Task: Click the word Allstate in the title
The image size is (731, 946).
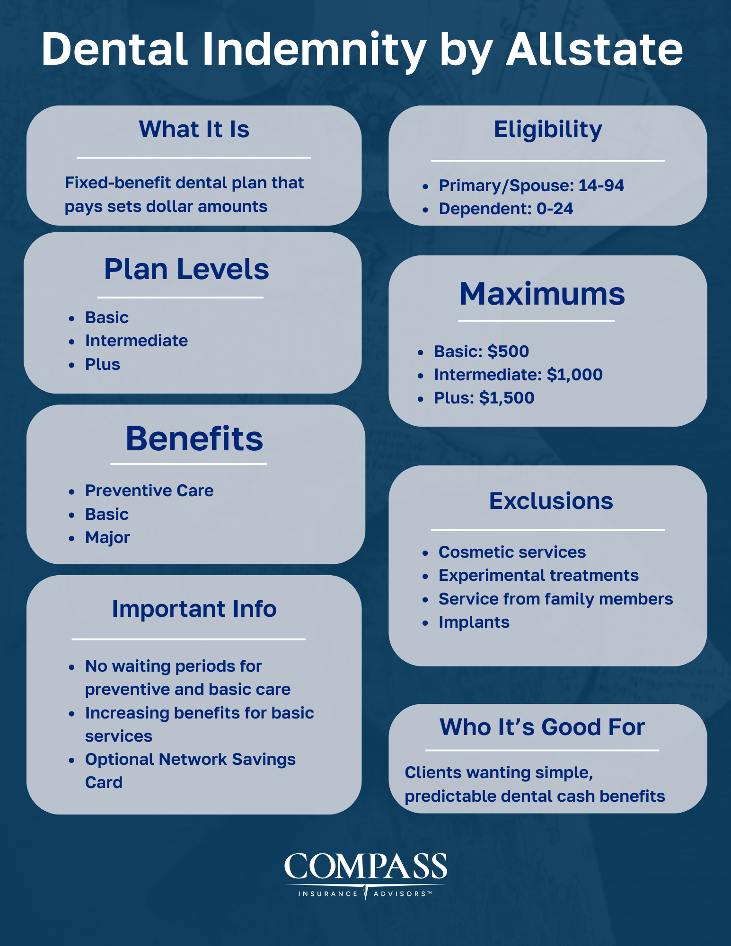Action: pos(594,49)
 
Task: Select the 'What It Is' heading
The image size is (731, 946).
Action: pos(194,129)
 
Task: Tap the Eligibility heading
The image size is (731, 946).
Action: pos(548,129)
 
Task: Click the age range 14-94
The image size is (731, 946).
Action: pos(601,185)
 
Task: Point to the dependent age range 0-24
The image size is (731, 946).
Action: pos(555,209)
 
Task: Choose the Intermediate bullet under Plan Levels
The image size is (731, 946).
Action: pos(136,341)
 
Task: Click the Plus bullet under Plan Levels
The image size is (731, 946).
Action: pos(103,364)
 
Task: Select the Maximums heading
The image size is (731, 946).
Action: pos(542,294)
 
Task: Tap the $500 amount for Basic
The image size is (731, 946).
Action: pos(508,351)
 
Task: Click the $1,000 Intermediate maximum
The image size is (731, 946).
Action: pos(574,375)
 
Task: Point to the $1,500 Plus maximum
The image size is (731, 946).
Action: pos(506,398)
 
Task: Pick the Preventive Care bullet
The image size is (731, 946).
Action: pos(149,491)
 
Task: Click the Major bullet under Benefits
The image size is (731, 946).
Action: pos(107,537)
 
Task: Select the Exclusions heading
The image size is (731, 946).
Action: pos(551,501)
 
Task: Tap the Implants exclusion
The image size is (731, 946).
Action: pos(474,622)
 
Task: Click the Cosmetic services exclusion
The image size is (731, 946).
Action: pos(512,552)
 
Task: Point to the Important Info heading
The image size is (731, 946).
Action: pos(194,609)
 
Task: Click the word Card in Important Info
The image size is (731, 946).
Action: pos(104,782)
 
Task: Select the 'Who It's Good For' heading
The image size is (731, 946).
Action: pos(542,727)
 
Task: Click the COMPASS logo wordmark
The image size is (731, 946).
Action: pos(365,867)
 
